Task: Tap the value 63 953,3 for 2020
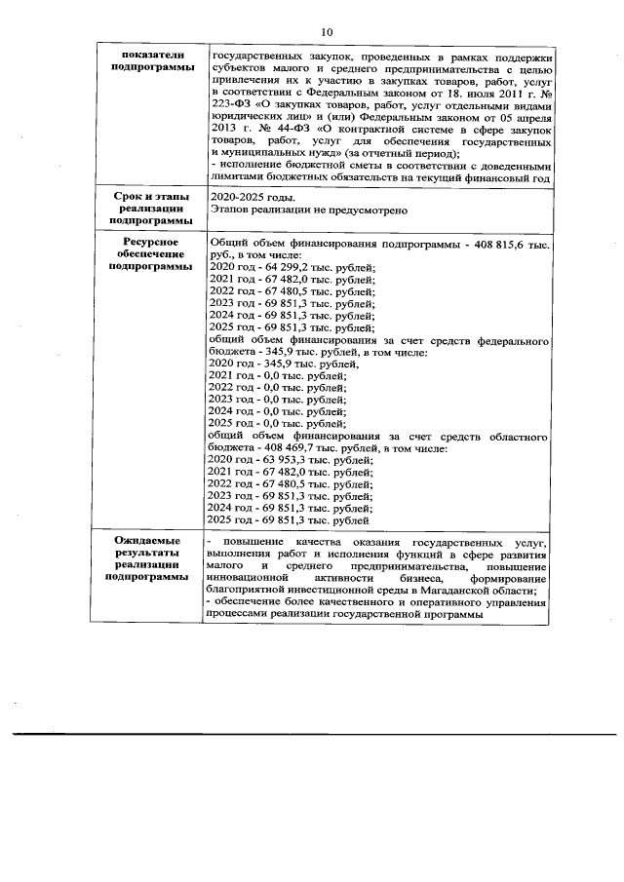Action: tap(273, 459)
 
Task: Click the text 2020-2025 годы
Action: tap(250, 198)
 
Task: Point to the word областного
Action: tap(510, 435)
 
